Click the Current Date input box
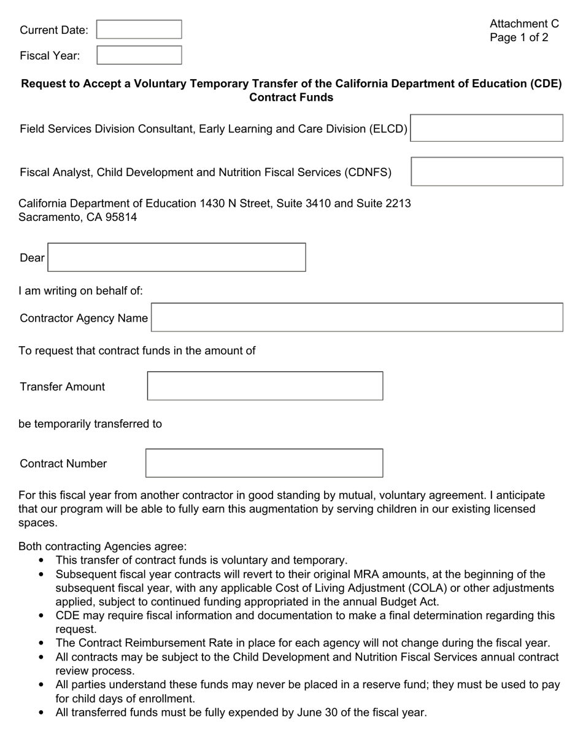[139, 29]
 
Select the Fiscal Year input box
[139, 55]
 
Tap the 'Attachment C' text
[524, 24]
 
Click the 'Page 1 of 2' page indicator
[519, 37]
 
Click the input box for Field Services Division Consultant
[486, 128]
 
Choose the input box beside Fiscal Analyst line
[487, 171]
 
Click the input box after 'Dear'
[177, 257]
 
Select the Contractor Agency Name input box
[357, 317]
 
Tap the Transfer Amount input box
[265, 386]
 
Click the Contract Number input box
[264, 463]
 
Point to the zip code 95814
[120, 217]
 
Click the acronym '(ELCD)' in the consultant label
[388, 129]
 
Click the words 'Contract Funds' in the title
[291, 98]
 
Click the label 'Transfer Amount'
[62, 387]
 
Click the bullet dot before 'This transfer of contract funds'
[41, 560]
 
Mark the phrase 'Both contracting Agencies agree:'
[102, 546]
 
